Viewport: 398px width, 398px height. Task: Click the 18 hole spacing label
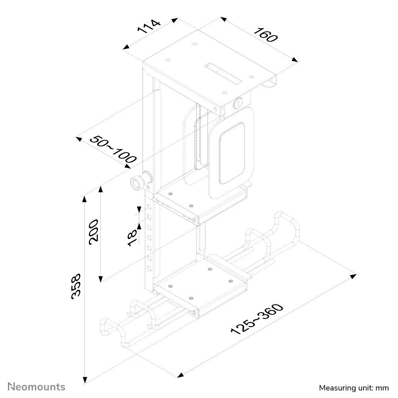tap(132, 237)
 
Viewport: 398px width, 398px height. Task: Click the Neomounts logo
tap(37, 386)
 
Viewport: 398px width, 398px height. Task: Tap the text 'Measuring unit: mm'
tap(354, 387)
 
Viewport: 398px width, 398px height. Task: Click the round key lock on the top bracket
tap(239, 104)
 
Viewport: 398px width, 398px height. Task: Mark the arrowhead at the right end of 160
tap(295, 60)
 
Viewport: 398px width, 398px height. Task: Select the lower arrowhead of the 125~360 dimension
tap(180, 375)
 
